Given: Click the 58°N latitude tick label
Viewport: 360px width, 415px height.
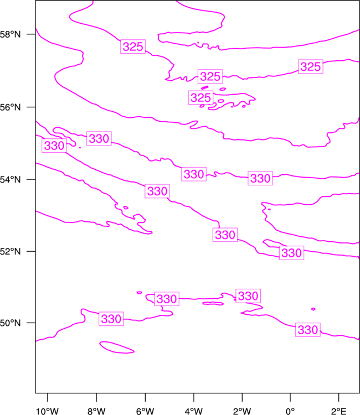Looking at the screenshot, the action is pos(10,34).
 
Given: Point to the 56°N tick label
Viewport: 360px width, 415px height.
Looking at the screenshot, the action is pos(10,107).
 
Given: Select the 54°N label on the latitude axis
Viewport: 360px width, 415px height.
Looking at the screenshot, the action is pos(10,180).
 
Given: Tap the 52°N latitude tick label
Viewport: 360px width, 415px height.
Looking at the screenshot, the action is pos(10,251).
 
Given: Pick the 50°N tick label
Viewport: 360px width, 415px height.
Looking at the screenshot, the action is pos(10,323).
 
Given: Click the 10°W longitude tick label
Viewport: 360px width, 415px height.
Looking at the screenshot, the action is pos(48,411).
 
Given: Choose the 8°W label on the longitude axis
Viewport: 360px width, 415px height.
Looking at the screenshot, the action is pos(96,411).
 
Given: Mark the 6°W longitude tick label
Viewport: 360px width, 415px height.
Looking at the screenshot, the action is pos(145,411).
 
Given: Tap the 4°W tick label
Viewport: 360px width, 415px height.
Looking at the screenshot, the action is pos(194,411).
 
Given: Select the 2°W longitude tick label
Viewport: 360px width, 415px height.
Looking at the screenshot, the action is pos(242,411).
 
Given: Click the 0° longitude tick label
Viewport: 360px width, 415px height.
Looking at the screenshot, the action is pos(290,411).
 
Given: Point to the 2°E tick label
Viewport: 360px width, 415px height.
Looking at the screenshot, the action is pos(338,411).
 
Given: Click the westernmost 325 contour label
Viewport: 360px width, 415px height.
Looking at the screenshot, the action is pos(133,46).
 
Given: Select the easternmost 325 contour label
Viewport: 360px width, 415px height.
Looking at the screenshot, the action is pos(311,66).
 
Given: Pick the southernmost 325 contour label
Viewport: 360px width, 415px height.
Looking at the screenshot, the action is pos(200,97).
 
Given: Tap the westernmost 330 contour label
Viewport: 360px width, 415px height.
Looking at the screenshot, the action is pos(54,146).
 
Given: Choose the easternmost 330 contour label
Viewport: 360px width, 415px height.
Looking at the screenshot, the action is pos(308,330).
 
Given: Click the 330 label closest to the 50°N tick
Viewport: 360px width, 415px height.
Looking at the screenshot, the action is pos(111,319).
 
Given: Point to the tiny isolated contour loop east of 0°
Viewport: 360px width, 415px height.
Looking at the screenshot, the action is pos(313,309).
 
